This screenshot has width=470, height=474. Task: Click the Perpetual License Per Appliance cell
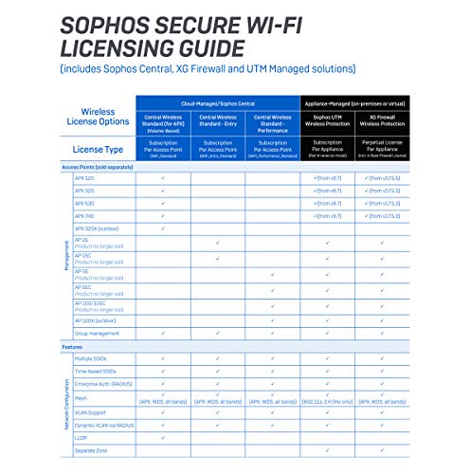[x=382, y=148]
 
